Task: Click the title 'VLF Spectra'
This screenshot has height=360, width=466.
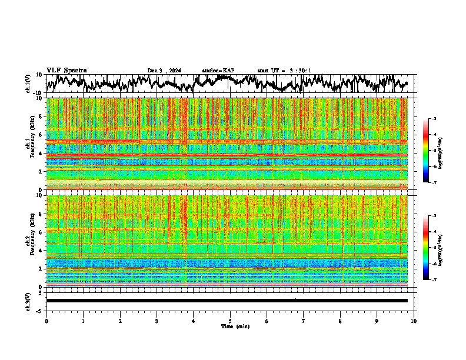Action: click(x=66, y=70)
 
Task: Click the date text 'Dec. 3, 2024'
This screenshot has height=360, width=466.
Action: click(x=164, y=71)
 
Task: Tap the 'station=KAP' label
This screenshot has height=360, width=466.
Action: click(x=218, y=71)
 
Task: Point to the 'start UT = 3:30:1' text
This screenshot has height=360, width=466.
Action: click(x=284, y=71)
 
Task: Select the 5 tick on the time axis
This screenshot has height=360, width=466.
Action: click(x=230, y=321)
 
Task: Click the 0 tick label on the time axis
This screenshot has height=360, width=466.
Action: click(x=46, y=321)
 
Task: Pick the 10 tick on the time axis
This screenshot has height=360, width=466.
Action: click(x=414, y=321)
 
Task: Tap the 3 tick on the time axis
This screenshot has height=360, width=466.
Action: click(x=157, y=321)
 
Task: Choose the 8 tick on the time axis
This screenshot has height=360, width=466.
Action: click(x=341, y=321)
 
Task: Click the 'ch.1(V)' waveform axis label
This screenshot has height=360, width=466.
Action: click(x=28, y=84)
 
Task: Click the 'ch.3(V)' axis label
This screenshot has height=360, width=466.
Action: click(x=28, y=300)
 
